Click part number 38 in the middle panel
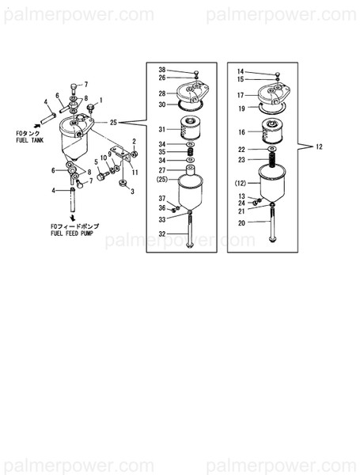point(161,70)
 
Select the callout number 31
point(161,129)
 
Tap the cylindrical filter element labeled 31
point(191,128)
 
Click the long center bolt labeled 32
point(191,234)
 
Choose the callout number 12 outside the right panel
point(320,147)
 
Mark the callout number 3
point(133,191)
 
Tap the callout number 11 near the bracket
point(135,172)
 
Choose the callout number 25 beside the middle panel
point(113,123)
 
